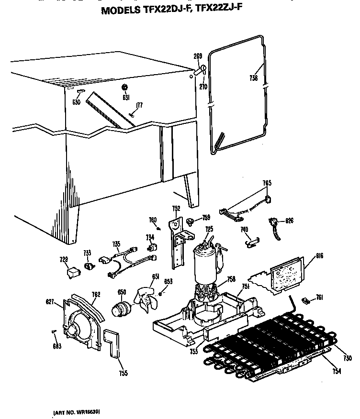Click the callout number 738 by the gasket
pyautogui.click(x=254, y=78)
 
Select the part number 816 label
pyautogui.click(x=320, y=257)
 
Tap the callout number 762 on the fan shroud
pyautogui.click(x=96, y=295)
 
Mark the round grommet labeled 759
pyautogui.click(x=190, y=221)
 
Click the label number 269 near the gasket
pyautogui.click(x=197, y=56)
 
